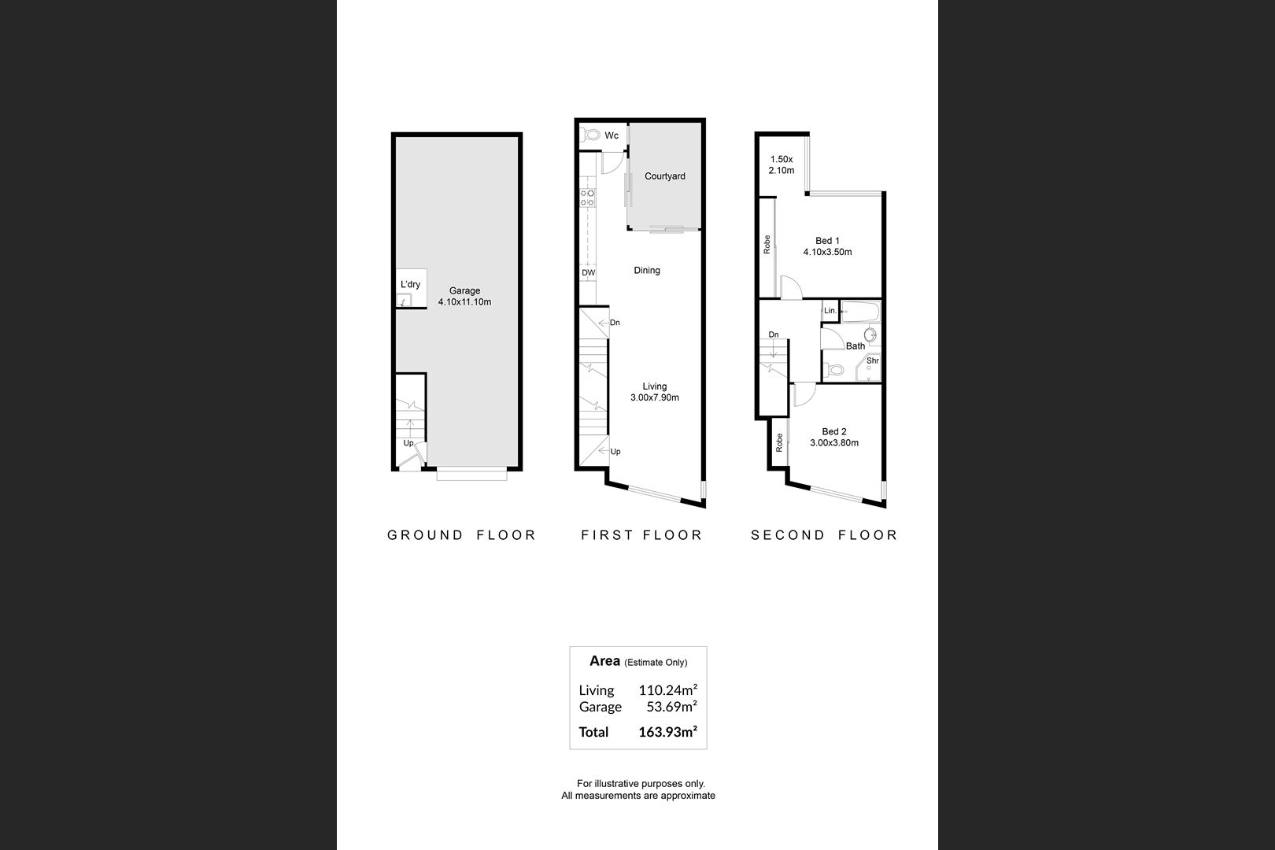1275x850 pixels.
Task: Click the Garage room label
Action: pyautogui.click(x=464, y=290)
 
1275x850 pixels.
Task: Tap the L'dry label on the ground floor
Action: pyautogui.click(x=410, y=284)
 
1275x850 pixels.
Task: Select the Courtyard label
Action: pyautogui.click(x=665, y=176)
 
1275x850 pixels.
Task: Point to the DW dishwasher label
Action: pyautogui.click(x=589, y=272)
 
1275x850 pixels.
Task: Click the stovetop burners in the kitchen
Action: pyautogui.click(x=587, y=198)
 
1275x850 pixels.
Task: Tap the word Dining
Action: pyautogui.click(x=647, y=271)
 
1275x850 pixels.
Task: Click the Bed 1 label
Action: pyautogui.click(x=827, y=241)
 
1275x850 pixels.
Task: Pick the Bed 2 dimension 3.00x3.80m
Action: pyautogui.click(x=834, y=442)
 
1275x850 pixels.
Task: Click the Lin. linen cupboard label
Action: pyautogui.click(x=830, y=311)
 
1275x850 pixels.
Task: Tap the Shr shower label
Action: pyautogui.click(x=873, y=360)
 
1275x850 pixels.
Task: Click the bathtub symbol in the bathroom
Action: pyautogui.click(x=861, y=312)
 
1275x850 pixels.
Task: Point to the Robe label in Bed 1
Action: pyautogui.click(x=767, y=244)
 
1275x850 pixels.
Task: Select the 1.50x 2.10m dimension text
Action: pyautogui.click(x=782, y=164)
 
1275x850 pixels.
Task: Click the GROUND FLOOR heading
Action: pyautogui.click(x=462, y=535)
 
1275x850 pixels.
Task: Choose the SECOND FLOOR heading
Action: pyautogui.click(x=824, y=535)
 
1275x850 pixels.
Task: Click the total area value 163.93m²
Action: pyautogui.click(x=668, y=732)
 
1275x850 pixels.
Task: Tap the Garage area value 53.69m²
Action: pyautogui.click(x=672, y=707)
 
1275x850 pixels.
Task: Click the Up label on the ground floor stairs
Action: pyautogui.click(x=408, y=443)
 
